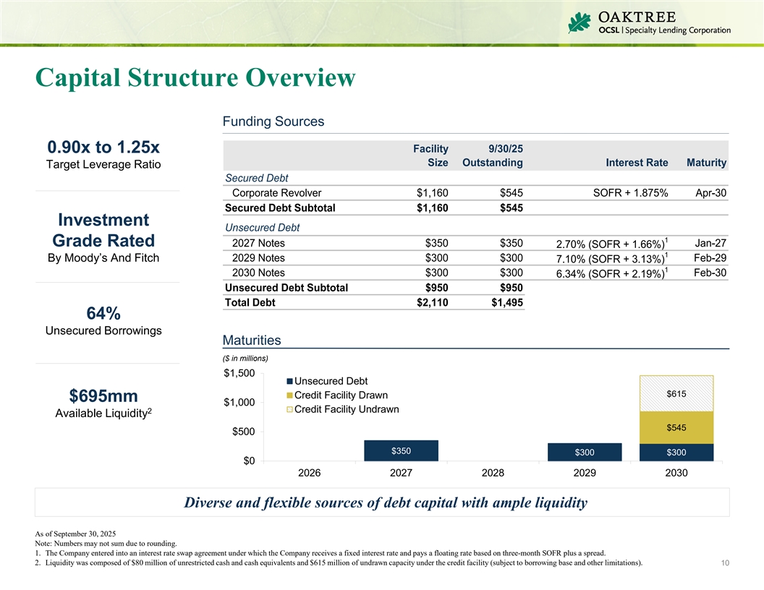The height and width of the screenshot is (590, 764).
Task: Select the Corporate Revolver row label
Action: (276, 193)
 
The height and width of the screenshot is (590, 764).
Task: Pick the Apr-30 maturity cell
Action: (710, 193)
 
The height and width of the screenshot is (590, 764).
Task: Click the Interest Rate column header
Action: (637, 163)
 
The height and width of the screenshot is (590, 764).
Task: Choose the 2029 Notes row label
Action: (258, 258)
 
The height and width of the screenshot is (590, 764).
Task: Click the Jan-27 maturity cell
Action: (710, 244)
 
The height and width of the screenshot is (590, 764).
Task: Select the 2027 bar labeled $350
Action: (401, 450)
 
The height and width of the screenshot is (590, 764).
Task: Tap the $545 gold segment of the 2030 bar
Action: (676, 427)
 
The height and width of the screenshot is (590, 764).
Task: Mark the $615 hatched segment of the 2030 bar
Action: (676, 393)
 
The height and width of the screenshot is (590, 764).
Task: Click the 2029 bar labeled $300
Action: (585, 452)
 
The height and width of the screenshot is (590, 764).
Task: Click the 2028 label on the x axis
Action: (493, 474)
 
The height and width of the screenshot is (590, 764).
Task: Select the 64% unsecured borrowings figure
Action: (103, 314)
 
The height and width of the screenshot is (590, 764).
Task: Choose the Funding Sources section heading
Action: (273, 121)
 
